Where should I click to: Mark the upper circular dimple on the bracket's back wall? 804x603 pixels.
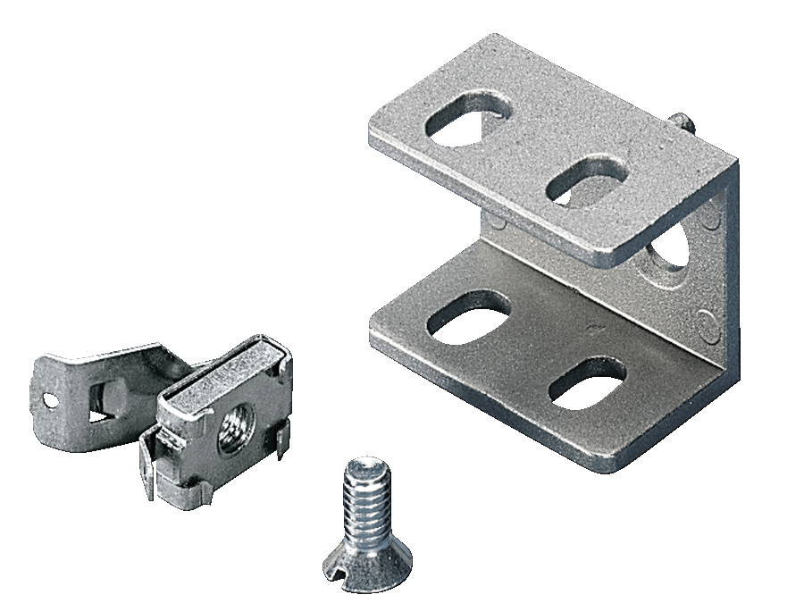tap(712, 217)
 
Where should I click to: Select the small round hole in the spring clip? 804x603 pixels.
tap(50, 400)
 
